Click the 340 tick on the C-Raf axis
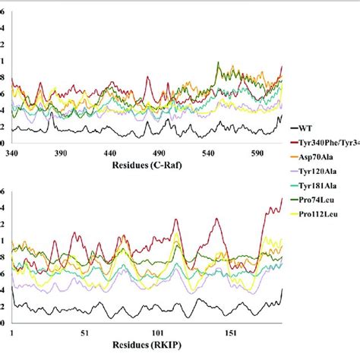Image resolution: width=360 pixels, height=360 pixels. click(x=13, y=152)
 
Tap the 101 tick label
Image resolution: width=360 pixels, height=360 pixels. click(x=158, y=332)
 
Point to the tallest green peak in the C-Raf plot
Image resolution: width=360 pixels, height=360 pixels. click(x=219, y=63)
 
